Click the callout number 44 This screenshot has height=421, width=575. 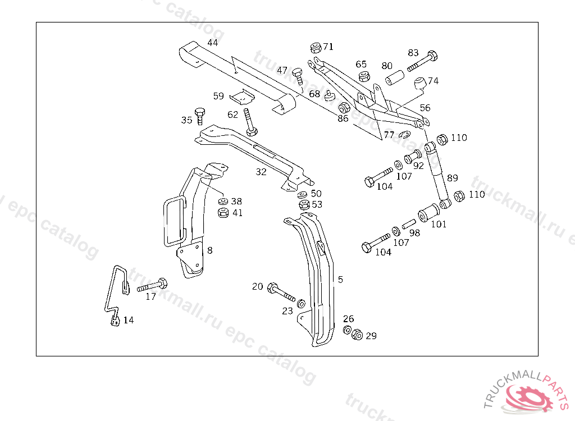[213, 43]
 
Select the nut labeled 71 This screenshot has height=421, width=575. [315, 47]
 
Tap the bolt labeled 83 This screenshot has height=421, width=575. [423, 61]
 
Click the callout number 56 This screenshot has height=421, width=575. [425, 108]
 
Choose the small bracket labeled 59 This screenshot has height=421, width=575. [242, 98]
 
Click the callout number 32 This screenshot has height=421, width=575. [261, 172]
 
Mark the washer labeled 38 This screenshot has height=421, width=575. [222, 202]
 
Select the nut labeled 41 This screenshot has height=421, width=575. [222, 213]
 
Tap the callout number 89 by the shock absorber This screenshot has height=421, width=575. [452, 179]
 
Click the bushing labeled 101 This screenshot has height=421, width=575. [430, 213]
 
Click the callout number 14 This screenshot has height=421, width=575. [129, 321]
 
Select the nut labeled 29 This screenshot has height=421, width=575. [357, 335]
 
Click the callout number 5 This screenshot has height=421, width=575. [340, 279]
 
